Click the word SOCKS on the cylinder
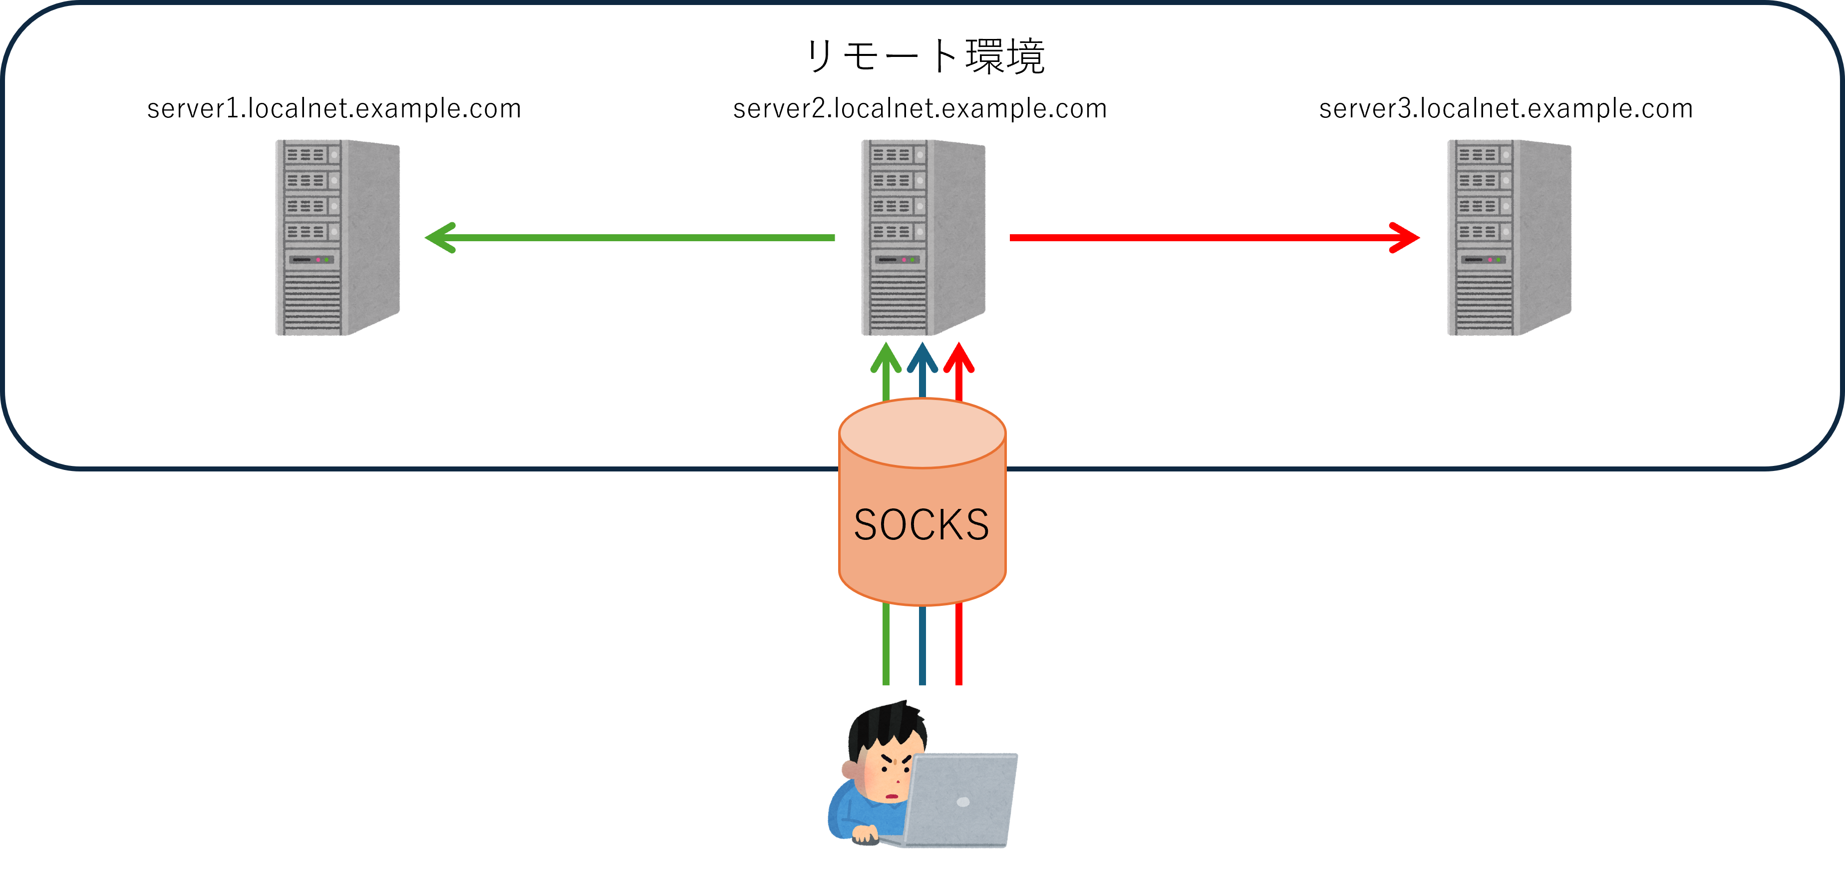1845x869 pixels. click(922, 525)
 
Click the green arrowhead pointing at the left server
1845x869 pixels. click(438, 237)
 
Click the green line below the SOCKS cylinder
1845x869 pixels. click(886, 645)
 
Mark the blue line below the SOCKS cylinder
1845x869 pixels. click(922, 645)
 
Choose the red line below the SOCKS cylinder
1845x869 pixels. click(959, 645)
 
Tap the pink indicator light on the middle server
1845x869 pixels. click(904, 259)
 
